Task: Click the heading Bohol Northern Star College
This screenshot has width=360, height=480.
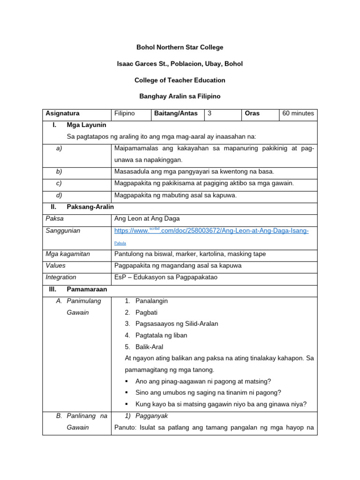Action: point(180,47)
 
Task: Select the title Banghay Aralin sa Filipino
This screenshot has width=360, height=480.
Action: point(180,96)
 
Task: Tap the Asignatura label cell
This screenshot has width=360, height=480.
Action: point(62,113)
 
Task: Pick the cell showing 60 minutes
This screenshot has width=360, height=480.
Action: point(298,113)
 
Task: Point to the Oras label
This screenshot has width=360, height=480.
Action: point(252,113)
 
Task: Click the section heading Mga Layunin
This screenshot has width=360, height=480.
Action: point(87,125)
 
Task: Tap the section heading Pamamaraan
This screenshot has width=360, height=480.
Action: point(87,289)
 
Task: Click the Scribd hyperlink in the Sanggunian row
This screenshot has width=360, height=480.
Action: point(211,231)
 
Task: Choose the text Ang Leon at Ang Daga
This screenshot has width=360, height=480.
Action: point(147,218)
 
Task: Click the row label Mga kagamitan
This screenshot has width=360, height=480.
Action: point(67,254)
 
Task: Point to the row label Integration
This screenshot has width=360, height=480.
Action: point(61,277)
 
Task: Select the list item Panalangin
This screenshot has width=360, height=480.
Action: point(151,301)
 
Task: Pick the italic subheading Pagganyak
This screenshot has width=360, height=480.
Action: point(152,416)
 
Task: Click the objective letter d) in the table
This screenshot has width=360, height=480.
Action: point(59,195)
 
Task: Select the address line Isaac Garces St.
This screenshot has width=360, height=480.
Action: point(180,64)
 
